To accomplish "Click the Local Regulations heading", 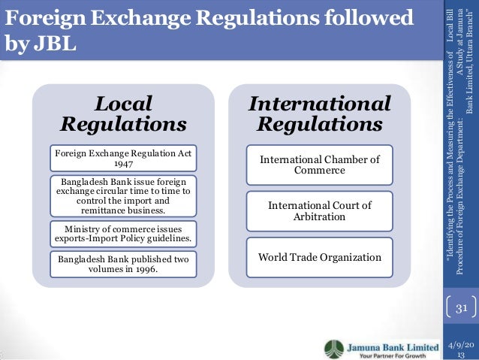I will (x=123, y=112).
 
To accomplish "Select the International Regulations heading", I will (x=320, y=113).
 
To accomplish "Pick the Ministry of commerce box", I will (x=123, y=234).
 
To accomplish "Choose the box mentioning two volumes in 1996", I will (x=123, y=264).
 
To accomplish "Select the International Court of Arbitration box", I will (x=320, y=211).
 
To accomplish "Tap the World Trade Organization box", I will (x=320, y=258).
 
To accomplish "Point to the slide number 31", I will (x=461, y=308).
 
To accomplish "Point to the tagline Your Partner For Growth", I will (x=387, y=355).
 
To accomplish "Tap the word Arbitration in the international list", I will (x=320, y=217).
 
